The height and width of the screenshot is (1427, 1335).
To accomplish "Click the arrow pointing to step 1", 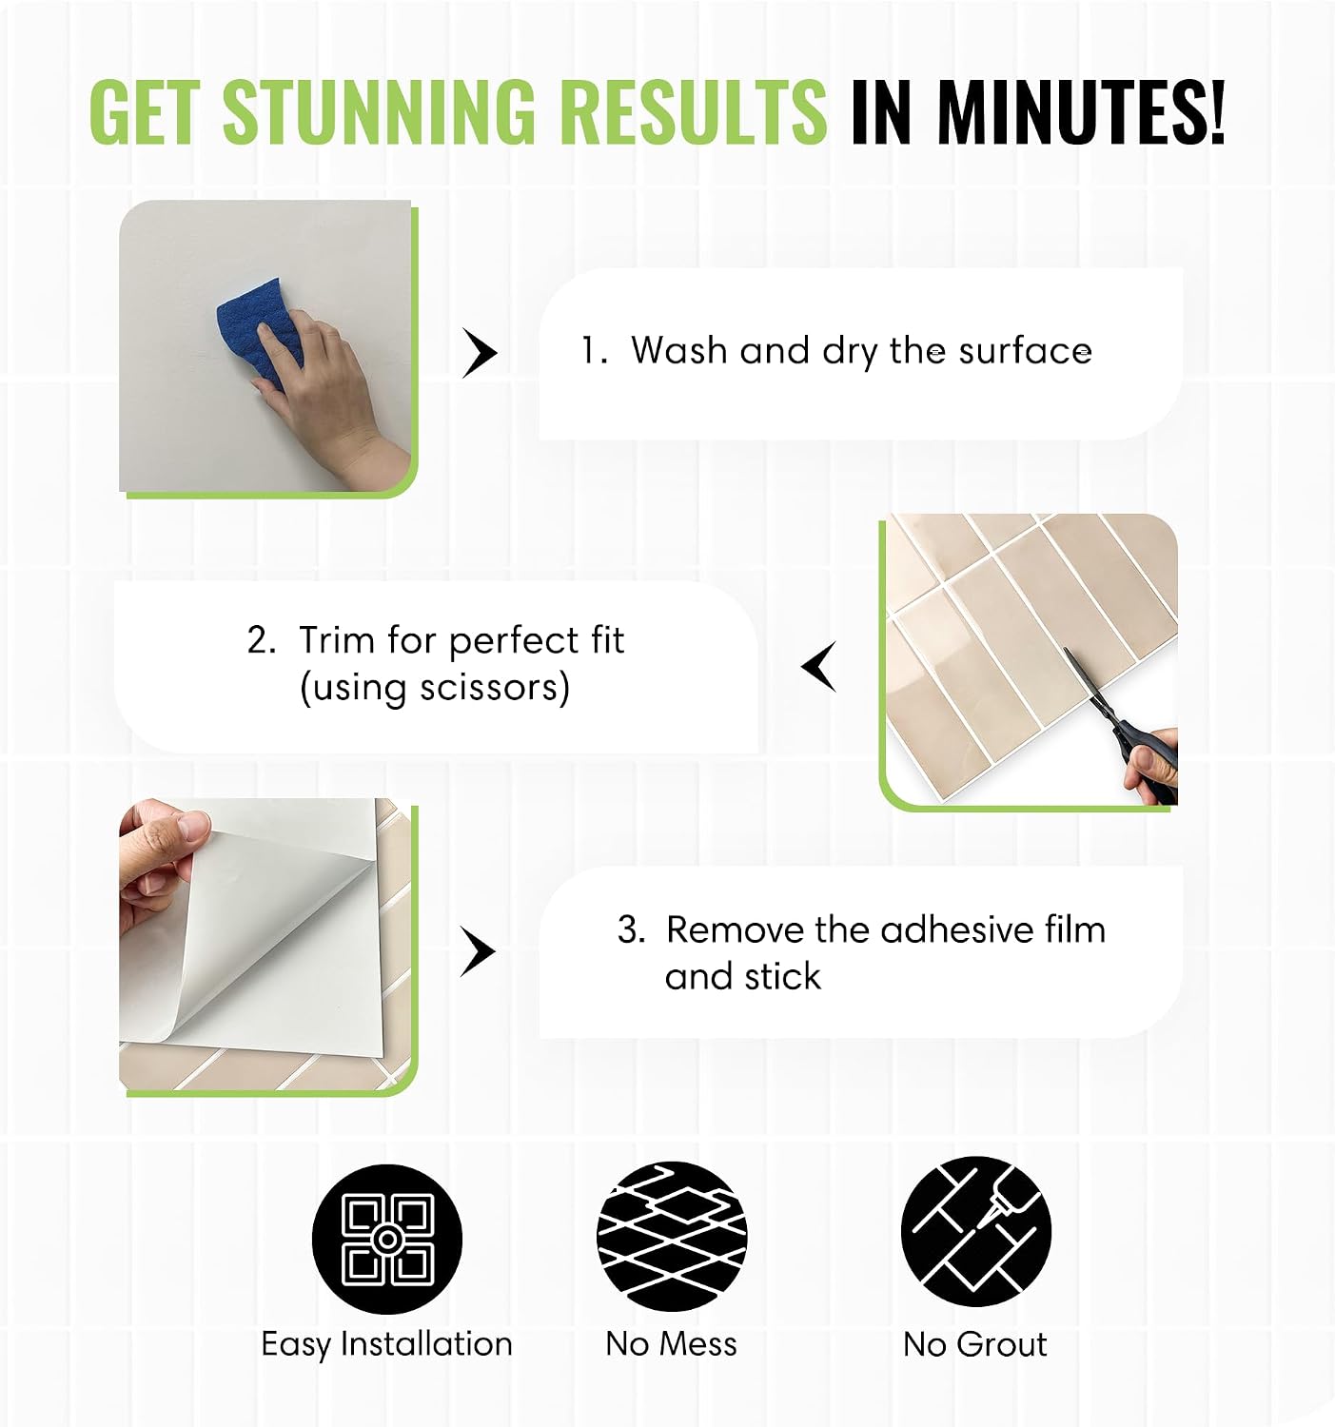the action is tap(479, 353).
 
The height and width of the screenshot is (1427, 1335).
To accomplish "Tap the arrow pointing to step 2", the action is tap(819, 667).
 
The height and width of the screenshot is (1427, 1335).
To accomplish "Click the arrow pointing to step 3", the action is tap(478, 952).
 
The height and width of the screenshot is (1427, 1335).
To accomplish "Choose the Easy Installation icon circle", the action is tap(386, 1240).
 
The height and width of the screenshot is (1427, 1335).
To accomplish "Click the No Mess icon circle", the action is tap(672, 1237).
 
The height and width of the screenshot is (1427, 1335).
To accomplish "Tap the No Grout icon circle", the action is tap(975, 1232).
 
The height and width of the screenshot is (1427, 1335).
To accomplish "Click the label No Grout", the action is tap(974, 1344).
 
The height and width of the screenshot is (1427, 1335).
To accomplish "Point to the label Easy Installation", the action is tap(386, 1344).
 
